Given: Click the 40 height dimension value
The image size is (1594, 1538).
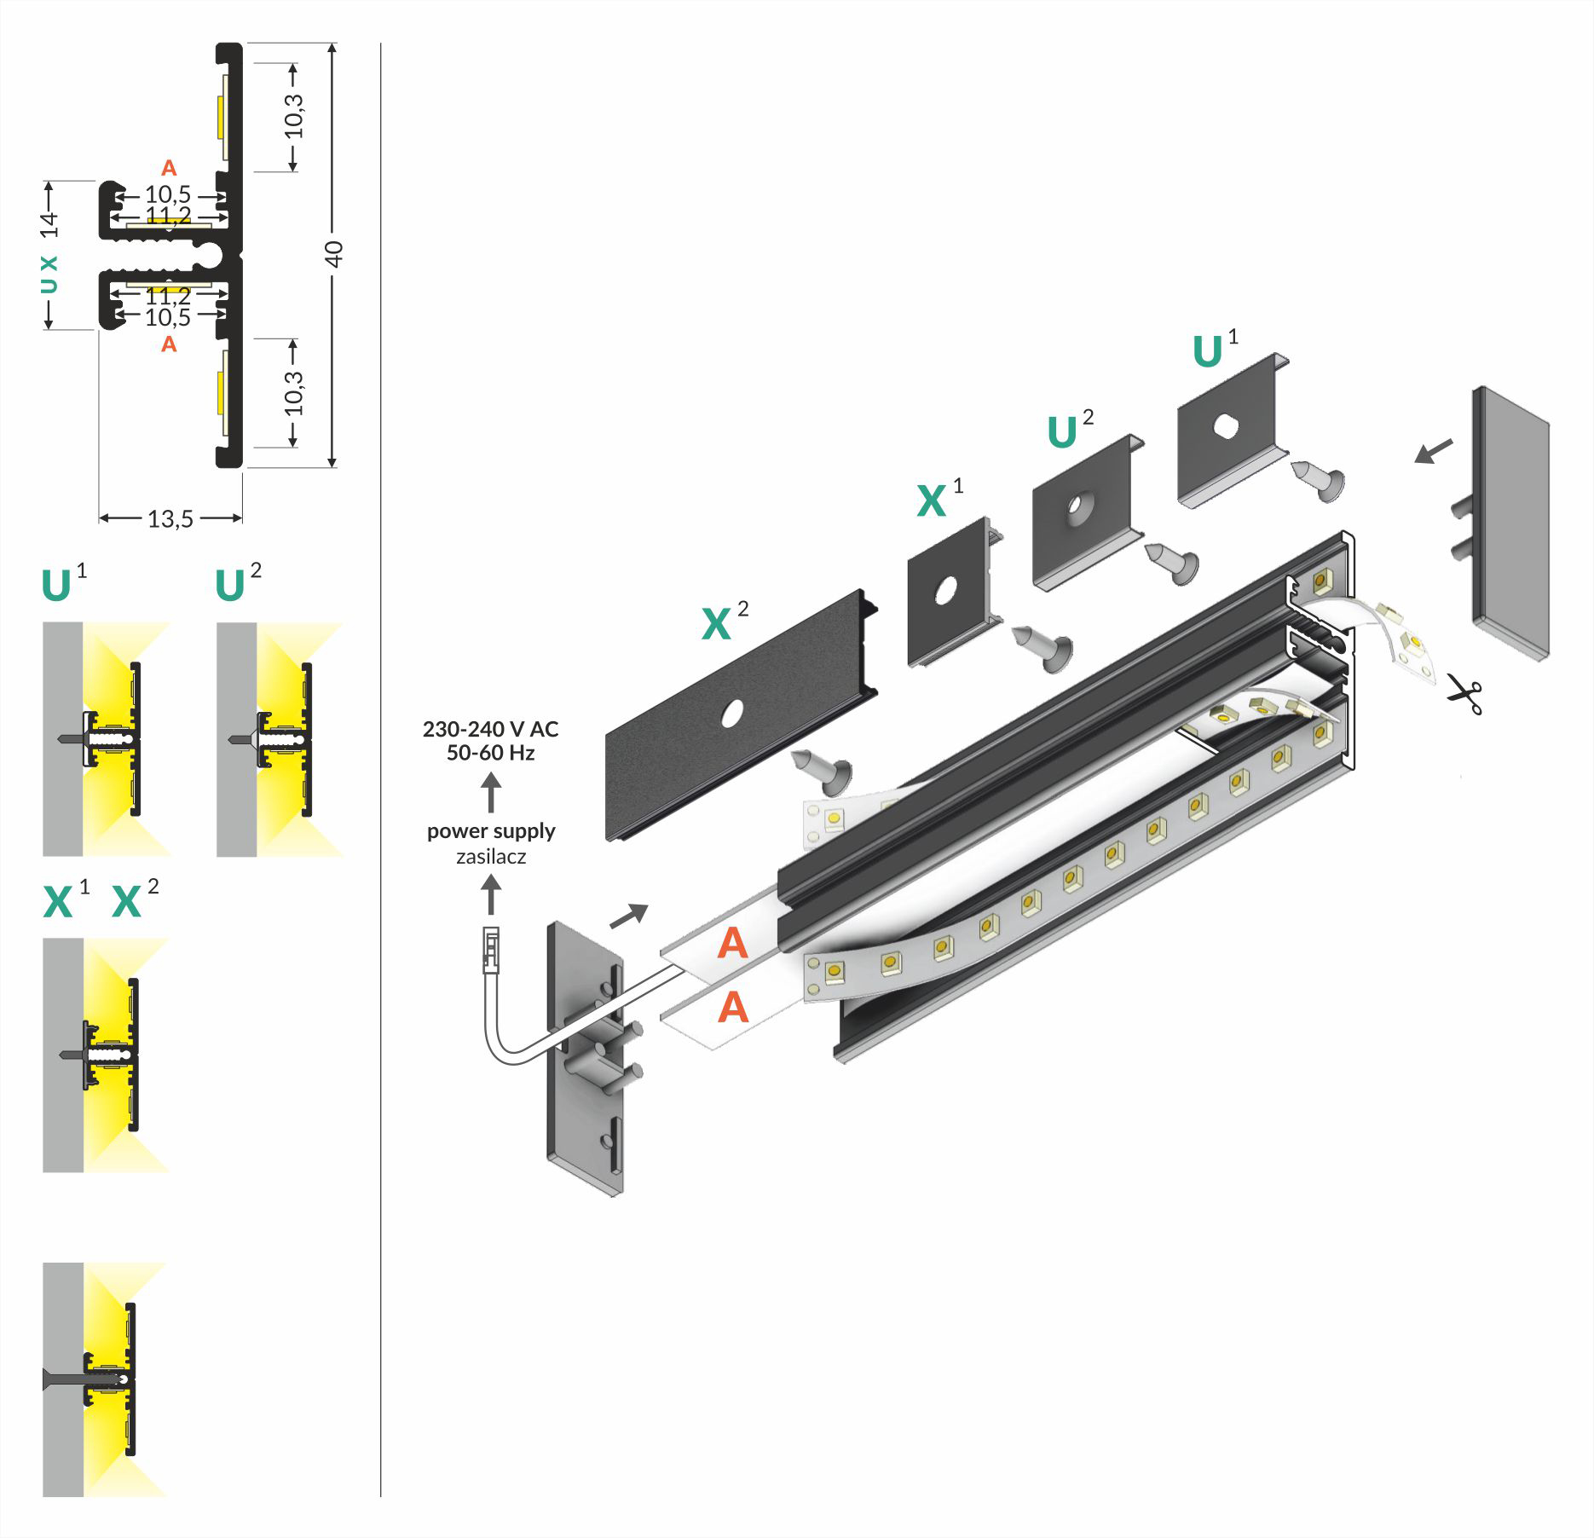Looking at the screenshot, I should pyautogui.click(x=334, y=253).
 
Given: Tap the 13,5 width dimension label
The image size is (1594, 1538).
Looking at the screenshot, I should pyautogui.click(x=170, y=518).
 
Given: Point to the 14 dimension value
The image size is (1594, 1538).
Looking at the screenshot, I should pyautogui.click(x=49, y=224).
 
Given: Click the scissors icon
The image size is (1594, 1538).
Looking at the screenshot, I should pyautogui.click(x=1464, y=694).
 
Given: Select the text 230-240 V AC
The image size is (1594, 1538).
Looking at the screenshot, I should pyautogui.click(x=490, y=729).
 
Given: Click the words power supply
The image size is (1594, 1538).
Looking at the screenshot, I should pyautogui.click(x=491, y=830).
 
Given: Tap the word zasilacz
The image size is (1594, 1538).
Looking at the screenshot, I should pyautogui.click(x=491, y=856).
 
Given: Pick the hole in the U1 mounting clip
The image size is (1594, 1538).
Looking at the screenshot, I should pyautogui.click(x=1227, y=425).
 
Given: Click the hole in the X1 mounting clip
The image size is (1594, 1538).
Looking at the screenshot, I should pyautogui.click(x=944, y=590).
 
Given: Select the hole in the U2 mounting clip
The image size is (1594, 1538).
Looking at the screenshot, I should pyautogui.click(x=1078, y=506).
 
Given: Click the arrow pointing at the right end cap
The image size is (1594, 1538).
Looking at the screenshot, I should pyautogui.click(x=1435, y=450).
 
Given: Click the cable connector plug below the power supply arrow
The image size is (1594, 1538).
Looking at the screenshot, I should pyautogui.click(x=491, y=949).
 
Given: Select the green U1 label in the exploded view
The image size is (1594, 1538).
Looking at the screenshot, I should pyautogui.click(x=1208, y=351).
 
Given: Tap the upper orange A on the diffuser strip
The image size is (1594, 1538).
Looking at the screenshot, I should pyautogui.click(x=733, y=944).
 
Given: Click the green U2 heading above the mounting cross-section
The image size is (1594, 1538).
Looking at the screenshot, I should pyautogui.click(x=230, y=586).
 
